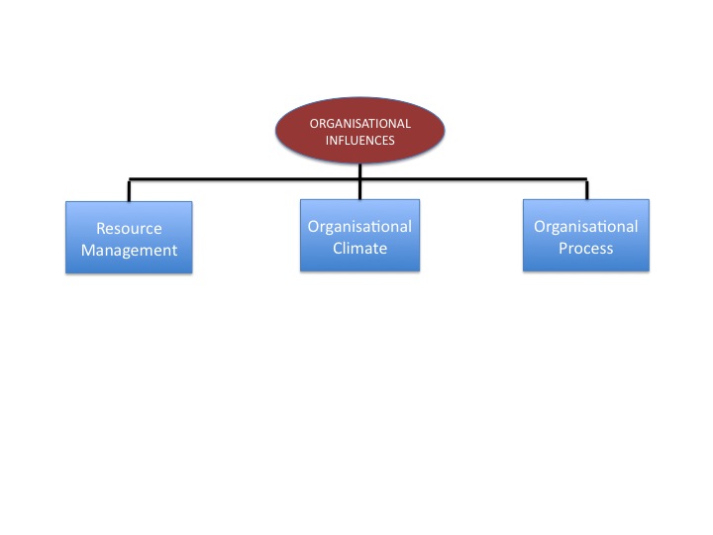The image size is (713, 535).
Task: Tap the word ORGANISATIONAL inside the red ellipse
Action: [x=359, y=124]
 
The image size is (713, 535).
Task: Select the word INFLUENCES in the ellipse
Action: [x=359, y=141]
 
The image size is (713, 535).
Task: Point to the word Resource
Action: [x=129, y=229]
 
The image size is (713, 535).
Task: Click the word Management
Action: [x=129, y=250]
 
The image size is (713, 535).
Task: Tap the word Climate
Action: [x=359, y=248]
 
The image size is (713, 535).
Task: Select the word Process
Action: [x=586, y=248]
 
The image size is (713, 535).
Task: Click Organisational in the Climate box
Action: [x=359, y=227]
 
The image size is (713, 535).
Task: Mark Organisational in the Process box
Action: [x=586, y=227]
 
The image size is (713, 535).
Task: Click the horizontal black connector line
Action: [x=248, y=179]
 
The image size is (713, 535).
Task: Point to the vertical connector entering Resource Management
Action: [x=130, y=190]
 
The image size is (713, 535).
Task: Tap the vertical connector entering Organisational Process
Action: [x=586, y=189]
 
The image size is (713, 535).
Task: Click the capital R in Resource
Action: [x=101, y=229]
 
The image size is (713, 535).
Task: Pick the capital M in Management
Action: [x=88, y=250]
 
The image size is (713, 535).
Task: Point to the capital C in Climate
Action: [x=338, y=248]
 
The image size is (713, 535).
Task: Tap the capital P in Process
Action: [x=563, y=248]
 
